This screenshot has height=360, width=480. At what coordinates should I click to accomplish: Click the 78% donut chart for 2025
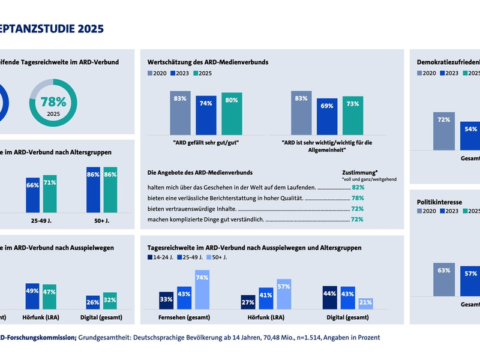(53, 103)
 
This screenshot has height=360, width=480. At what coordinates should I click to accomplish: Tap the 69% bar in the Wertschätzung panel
(327, 116)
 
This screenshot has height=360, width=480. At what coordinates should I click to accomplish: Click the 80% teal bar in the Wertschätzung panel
(232, 113)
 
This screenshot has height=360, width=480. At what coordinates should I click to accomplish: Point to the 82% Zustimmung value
(358, 187)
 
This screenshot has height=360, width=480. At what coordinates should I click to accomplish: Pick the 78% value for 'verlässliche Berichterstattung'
(358, 198)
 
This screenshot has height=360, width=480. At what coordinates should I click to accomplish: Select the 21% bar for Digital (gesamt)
(366, 303)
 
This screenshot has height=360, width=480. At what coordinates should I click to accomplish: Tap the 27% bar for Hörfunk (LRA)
(247, 302)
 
